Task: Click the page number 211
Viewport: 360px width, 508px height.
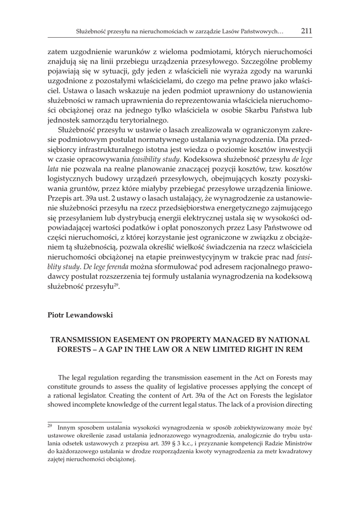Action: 306,31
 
